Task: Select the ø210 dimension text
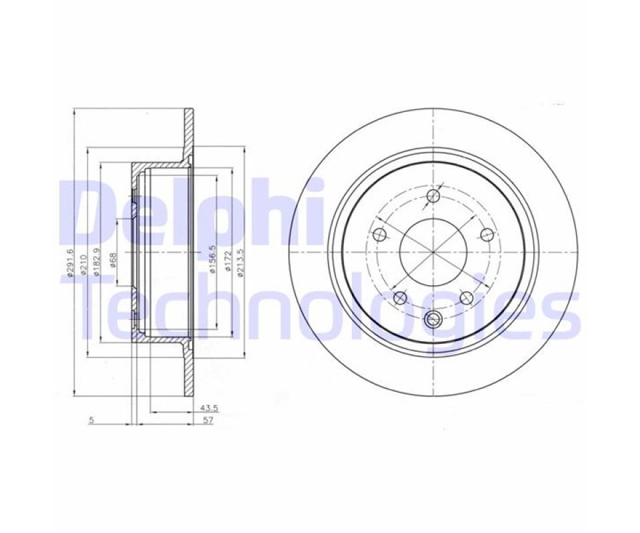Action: tap(83, 265)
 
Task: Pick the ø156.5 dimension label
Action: tap(211, 259)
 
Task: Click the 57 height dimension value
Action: tap(208, 420)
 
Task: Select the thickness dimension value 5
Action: tap(91, 420)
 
